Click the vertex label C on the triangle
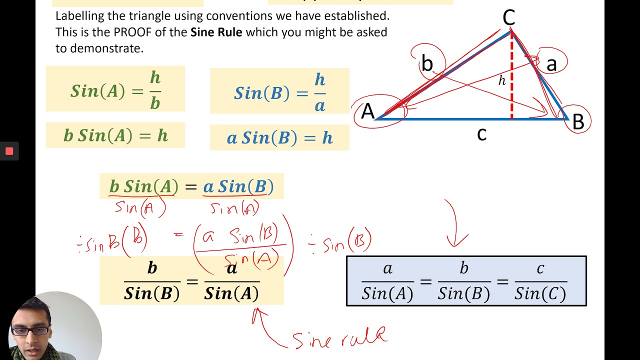508,18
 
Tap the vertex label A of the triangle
368,111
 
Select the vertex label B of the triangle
578,122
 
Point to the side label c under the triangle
481,134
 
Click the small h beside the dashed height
502,80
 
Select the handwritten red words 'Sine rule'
340,338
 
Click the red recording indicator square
9,151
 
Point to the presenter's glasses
30,330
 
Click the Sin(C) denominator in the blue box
540,293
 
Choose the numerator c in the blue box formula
540,269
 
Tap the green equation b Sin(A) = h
115,135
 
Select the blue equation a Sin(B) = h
279,138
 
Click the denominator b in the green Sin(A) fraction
155,102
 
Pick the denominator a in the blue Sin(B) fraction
320,105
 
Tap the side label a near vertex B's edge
551,64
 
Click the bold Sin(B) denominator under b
151,293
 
